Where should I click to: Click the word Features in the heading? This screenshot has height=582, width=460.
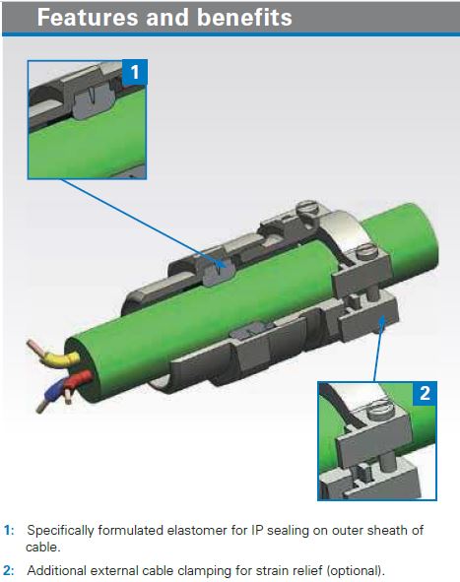coord(88,18)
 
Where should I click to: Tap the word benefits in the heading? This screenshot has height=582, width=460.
coord(244,18)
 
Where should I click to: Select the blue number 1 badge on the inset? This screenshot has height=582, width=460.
coord(134,72)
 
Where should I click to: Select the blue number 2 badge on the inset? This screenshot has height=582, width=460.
coord(425,394)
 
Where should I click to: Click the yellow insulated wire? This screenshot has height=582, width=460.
coord(61,358)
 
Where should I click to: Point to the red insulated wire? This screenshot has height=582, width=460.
coord(77,380)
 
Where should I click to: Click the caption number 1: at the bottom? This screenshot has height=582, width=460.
coord(9,530)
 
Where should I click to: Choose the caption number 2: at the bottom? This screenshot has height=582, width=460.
coord(9,570)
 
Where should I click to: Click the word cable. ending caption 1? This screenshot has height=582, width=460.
coord(42,548)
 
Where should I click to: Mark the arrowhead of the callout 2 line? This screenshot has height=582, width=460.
coord(381,321)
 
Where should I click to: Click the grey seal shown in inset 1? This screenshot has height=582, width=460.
coord(92,102)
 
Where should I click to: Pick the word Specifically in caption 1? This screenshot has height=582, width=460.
coord(60,531)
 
